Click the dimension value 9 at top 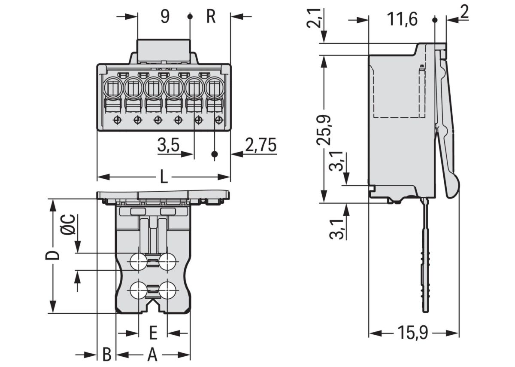coord(165,17)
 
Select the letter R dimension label coord(210,17)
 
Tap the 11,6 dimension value coord(402,20)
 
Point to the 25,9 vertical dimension coord(324,129)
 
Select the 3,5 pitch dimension coord(168,146)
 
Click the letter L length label coord(164,177)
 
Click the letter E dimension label coord(153,333)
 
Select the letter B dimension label coord(107,355)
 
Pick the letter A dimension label coord(152,355)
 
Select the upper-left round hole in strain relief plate coord(138,261)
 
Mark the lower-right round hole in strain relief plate coord(167,291)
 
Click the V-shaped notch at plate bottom coord(153,306)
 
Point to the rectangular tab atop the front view coord(163,51)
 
